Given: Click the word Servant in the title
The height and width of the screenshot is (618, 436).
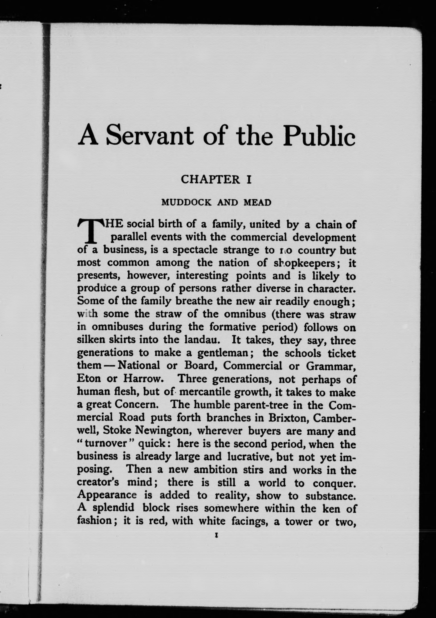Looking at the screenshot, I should click(x=150, y=136).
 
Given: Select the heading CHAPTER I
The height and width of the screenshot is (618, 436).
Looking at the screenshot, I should click(x=216, y=180).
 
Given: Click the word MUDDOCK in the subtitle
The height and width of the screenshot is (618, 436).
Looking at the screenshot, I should click(x=186, y=202).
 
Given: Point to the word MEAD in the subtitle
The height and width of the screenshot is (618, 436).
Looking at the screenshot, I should click(x=257, y=202).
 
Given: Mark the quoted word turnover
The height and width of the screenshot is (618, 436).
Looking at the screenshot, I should click(x=105, y=443).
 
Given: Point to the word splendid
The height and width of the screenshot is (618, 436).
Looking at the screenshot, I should click(x=113, y=508).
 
